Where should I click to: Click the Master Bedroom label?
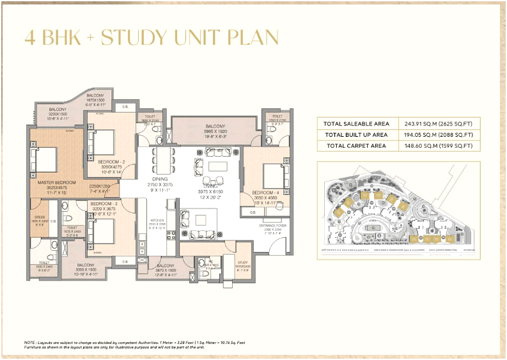(53, 182)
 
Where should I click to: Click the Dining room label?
(159, 179)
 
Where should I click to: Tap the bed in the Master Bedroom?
(46, 157)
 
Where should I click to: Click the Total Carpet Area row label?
(355, 146)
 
